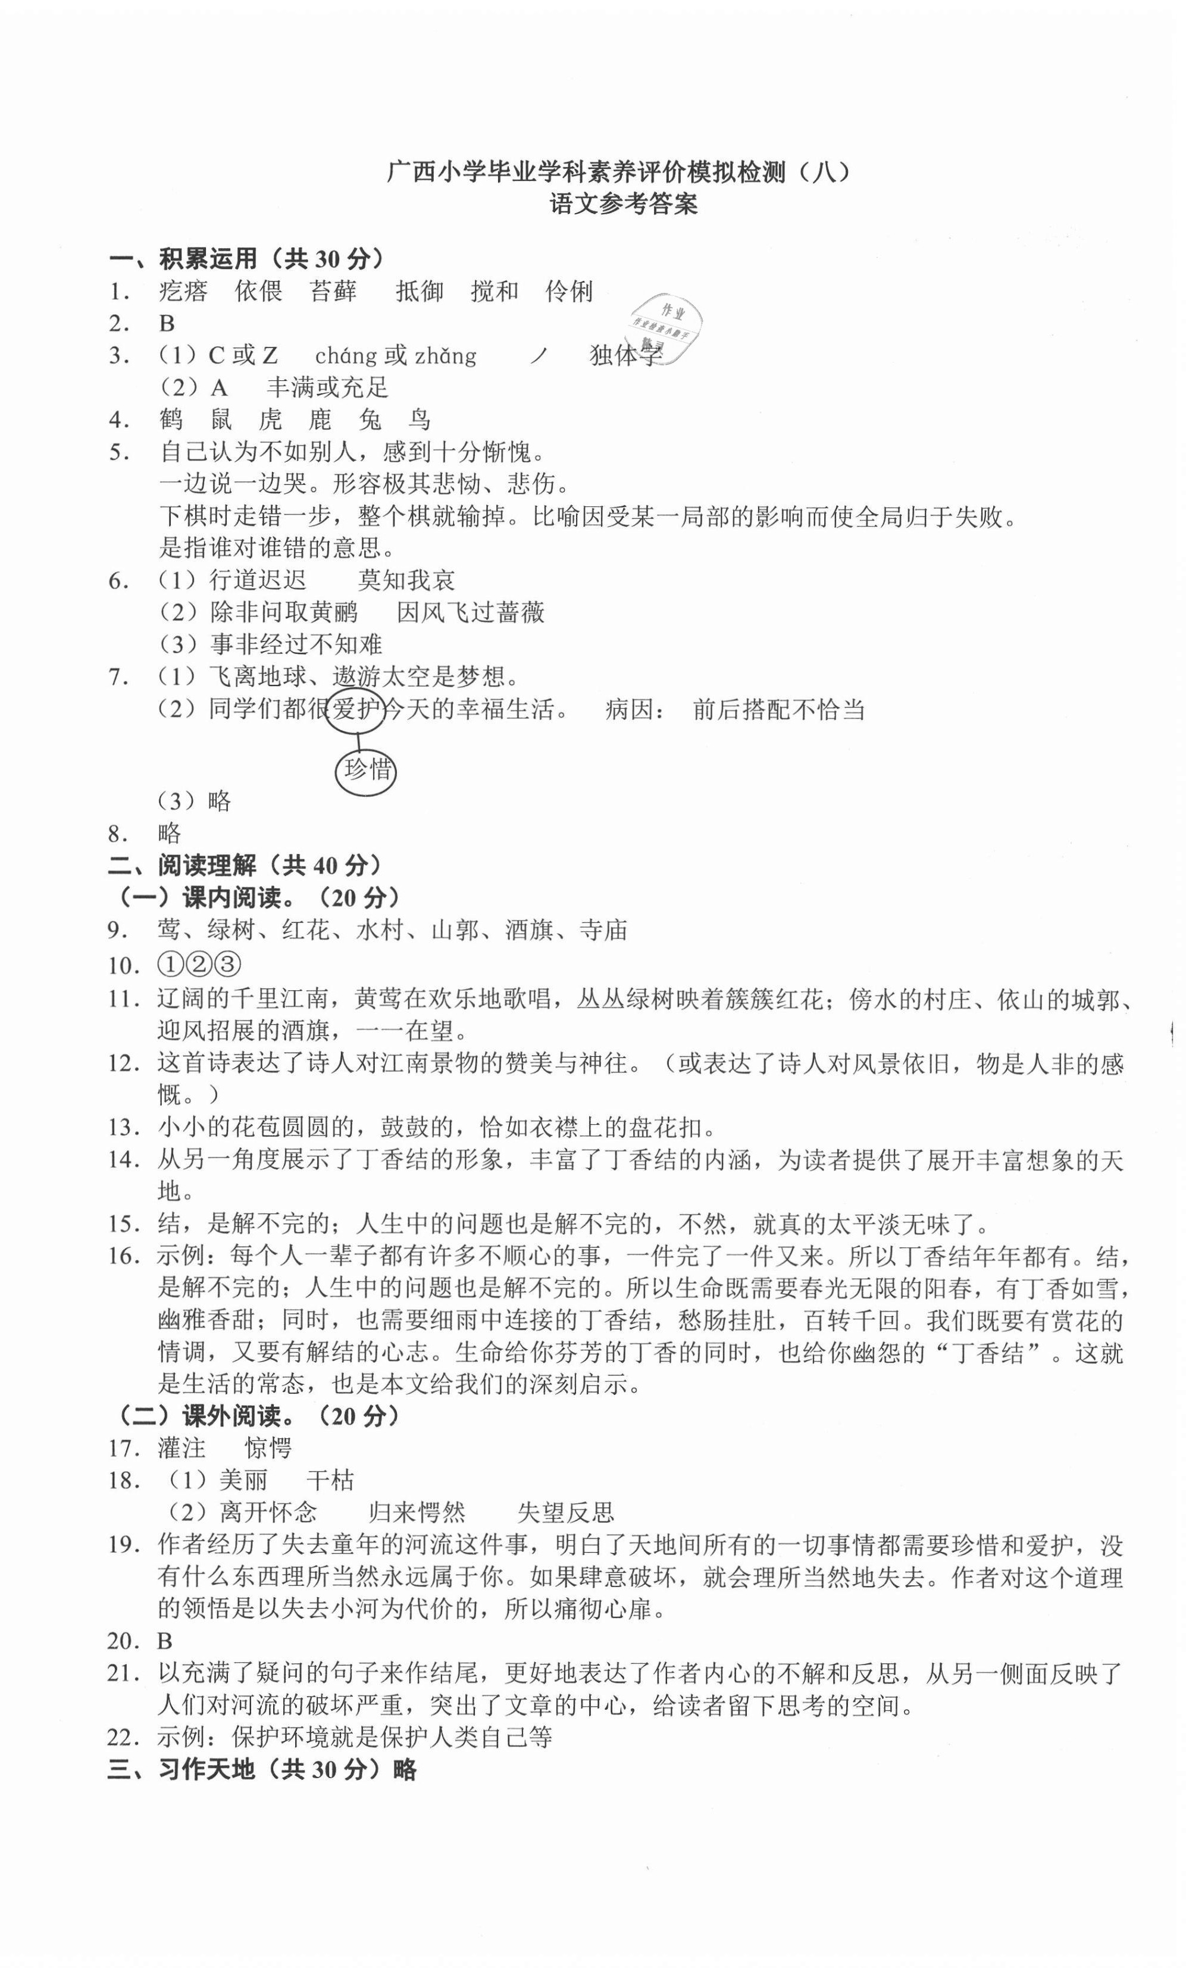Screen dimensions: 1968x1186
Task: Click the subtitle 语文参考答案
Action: coord(624,205)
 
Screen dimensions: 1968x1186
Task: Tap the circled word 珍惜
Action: coord(367,769)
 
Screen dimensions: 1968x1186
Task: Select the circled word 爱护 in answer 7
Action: coord(355,708)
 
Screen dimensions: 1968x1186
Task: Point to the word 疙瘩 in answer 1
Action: coord(183,291)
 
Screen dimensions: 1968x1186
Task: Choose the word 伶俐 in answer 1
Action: coord(569,291)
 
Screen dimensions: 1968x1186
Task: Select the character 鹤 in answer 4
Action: coord(171,420)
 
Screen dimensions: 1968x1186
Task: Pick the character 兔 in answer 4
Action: coord(370,420)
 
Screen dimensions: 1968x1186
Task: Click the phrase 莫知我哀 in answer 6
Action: coord(406,580)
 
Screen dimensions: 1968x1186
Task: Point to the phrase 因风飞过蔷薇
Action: coord(470,612)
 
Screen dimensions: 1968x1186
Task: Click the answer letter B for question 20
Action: coord(164,1641)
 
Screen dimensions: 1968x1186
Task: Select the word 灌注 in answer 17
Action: coord(182,1447)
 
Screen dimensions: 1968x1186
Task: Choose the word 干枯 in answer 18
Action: coord(330,1480)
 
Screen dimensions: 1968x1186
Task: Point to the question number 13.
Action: coord(124,1127)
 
